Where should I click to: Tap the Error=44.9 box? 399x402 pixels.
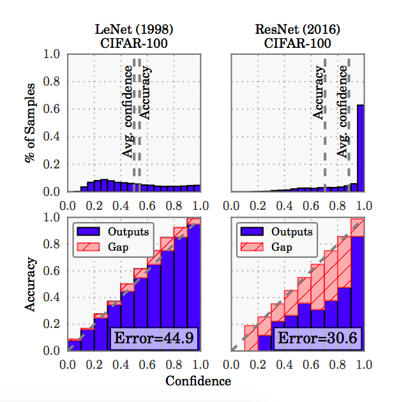pos(155,336)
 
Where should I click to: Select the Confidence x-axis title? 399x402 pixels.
pos(198,382)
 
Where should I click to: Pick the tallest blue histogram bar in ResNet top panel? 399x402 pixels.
pos(361,148)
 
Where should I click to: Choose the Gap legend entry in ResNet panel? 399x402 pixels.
pos(268,246)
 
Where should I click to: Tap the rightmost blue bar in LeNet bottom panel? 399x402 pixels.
pos(193,287)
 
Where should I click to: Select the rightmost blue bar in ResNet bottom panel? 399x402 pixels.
pos(358,294)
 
